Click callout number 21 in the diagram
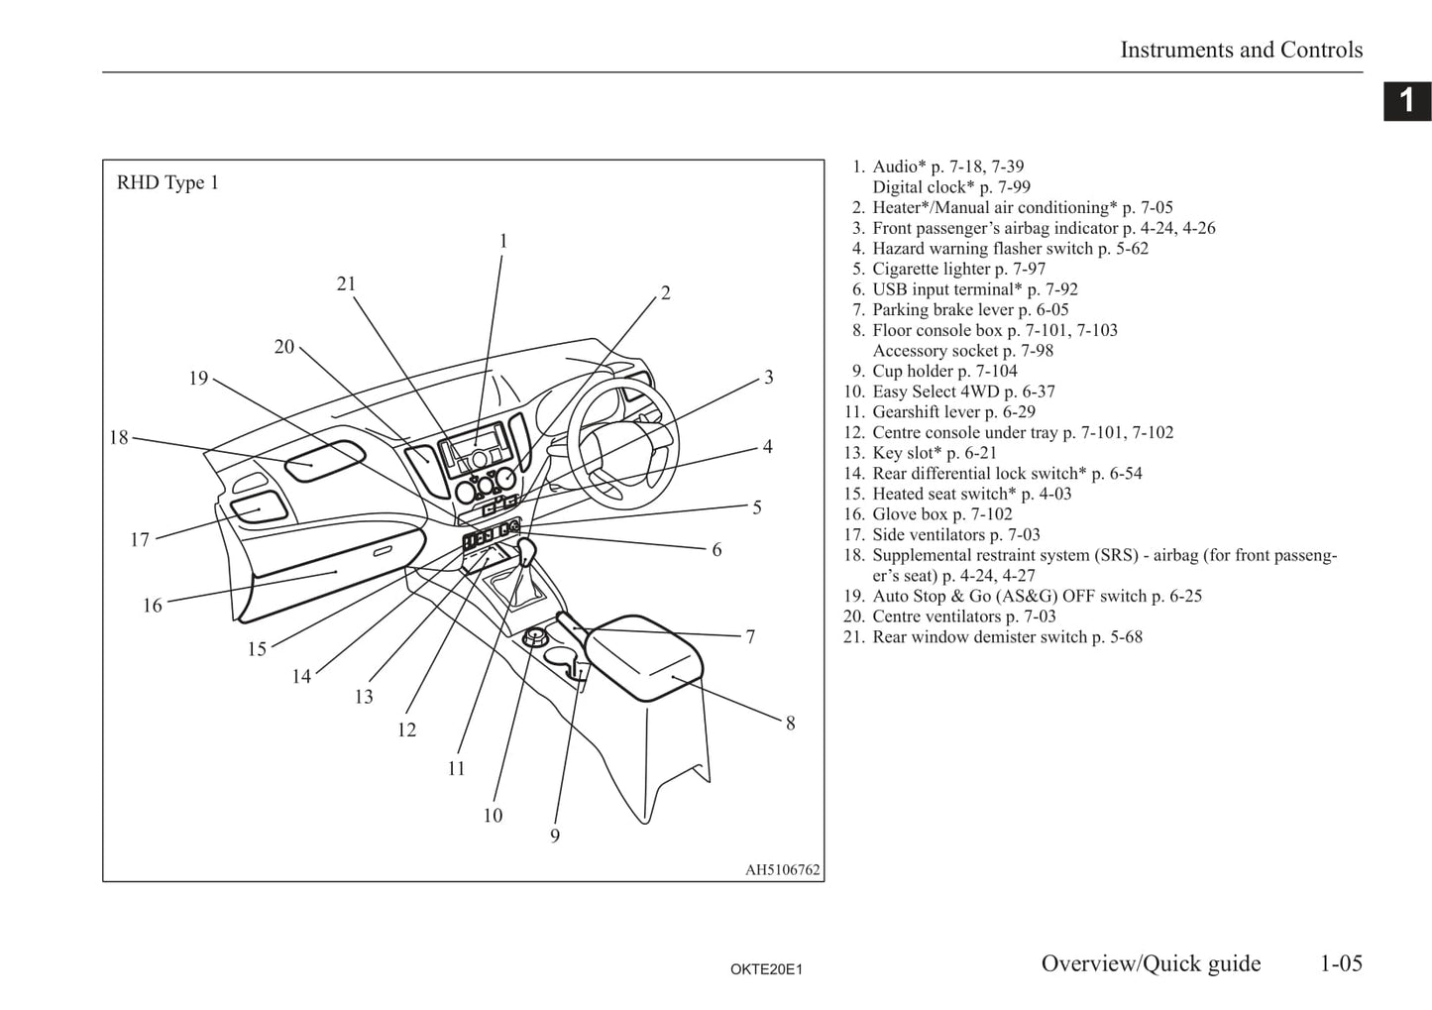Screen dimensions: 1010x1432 pyautogui.click(x=346, y=284)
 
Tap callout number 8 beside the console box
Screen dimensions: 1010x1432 pyautogui.click(x=790, y=724)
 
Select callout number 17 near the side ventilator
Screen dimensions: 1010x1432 pyautogui.click(x=140, y=540)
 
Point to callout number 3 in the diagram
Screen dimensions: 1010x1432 pyautogui.click(x=768, y=378)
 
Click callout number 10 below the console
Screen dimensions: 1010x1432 pyautogui.click(x=493, y=816)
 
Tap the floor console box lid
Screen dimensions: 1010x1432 pyautogui.click(x=644, y=654)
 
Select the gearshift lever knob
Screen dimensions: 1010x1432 pyautogui.click(x=526, y=547)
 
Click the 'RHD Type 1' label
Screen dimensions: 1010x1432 pyautogui.click(x=167, y=183)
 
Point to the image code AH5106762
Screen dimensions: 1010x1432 pyautogui.click(x=782, y=870)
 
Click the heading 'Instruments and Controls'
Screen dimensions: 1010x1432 pyautogui.click(x=1241, y=50)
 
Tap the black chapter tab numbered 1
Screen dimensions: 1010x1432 pyautogui.click(x=1406, y=101)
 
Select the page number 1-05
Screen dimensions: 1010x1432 pyautogui.click(x=1341, y=963)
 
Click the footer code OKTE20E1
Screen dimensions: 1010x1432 pyautogui.click(x=766, y=969)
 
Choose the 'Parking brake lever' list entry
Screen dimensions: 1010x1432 pyautogui.click(x=969, y=310)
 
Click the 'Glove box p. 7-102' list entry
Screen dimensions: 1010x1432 pyautogui.click(x=941, y=514)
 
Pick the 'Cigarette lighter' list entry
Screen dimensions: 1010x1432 pyautogui.click(x=958, y=269)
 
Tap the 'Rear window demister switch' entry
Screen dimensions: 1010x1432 pyautogui.click(x=1007, y=637)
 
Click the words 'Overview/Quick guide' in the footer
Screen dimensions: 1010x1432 pyautogui.click(x=1151, y=963)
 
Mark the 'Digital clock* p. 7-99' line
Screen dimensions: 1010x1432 pyautogui.click(x=950, y=187)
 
